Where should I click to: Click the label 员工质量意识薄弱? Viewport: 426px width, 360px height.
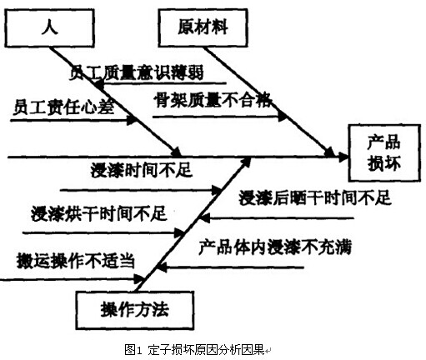pyautogui.click(x=136, y=72)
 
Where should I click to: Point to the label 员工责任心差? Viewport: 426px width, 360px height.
pyautogui.click(x=63, y=107)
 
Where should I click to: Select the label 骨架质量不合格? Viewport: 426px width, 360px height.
pyautogui.click(x=213, y=100)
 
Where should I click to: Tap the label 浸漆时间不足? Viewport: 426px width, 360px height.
pyautogui.click(x=141, y=170)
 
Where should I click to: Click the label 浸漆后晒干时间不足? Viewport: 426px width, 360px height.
pyautogui.click(x=315, y=197)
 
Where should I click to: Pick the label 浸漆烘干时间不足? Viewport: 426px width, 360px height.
pyautogui.click(x=99, y=213)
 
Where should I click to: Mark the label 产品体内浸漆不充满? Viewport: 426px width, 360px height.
pyautogui.click(x=275, y=247)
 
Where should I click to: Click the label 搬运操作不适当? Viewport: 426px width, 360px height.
pyautogui.click(x=76, y=261)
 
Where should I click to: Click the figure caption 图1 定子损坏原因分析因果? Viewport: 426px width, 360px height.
pyautogui.click(x=194, y=350)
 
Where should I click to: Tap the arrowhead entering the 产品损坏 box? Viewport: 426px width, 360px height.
pyautogui.click(x=343, y=157)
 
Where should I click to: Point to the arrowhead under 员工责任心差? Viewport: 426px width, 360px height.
pyautogui.click(x=131, y=120)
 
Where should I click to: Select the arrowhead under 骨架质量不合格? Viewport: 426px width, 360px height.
pyautogui.click(x=283, y=117)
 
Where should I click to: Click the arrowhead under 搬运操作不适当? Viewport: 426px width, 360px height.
pyautogui.click(x=139, y=279)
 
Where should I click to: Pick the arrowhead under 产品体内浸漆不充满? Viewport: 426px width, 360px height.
pyautogui.click(x=162, y=267)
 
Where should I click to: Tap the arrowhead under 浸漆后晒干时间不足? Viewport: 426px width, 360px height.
pyautogui.click(x=205, y=218)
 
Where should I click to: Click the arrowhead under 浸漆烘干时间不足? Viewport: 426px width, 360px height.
pyautogui.click(x=179, y=232)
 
